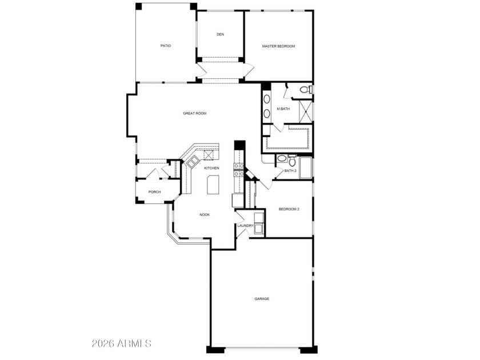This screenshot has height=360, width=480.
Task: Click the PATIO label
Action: [x=166, y=46]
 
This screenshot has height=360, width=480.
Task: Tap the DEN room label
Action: [x=220, y=34]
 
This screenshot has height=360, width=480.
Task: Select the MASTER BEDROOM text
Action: [x=278, y=46]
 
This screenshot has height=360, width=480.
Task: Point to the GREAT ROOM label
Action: [x=195, y=113]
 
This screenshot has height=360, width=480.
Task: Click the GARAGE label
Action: [x=262, y=299]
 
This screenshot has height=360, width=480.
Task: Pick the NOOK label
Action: [x=205, y=215]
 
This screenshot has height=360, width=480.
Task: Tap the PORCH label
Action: [x=154, y=192]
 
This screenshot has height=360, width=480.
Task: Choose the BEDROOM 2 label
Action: [x=289, y=209]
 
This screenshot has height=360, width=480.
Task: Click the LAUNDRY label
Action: [x=246, y=226]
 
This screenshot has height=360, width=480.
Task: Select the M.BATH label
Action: [x=283, y=109]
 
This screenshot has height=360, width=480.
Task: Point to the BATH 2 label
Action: [x=290, y=171]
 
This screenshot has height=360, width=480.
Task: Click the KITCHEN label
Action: [x=212, y=168]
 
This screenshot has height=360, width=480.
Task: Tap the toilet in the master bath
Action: [x=306, y=90]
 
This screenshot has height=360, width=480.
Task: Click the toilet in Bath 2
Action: [x=292, y=161]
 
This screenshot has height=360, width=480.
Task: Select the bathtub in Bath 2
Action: [x=306, y=167]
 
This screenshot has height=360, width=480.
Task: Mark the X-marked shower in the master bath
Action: [x=306, y=111]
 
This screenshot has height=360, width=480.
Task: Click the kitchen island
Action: [x=213, y=185]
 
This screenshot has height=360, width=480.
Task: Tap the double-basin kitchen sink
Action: [x=193, y=162]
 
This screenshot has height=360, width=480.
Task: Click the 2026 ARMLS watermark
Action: [x=122, y=343]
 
